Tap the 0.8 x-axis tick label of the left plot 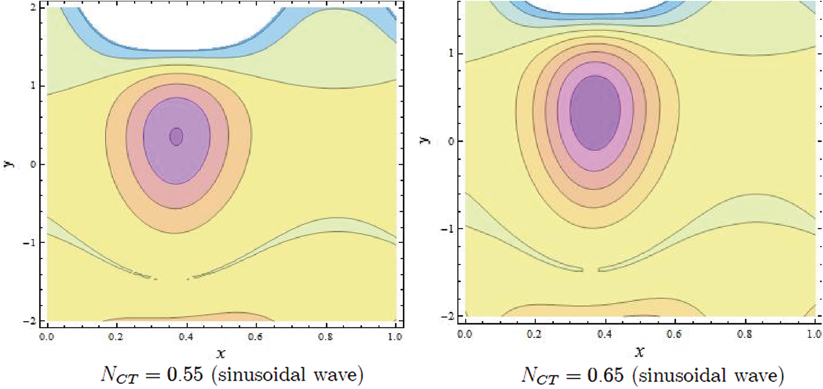click(x=326, y=337)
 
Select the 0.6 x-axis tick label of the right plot click(x=674, y=334)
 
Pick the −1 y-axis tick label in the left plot click(x=29, y=242)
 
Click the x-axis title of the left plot click(x=220, y=353)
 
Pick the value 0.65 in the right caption click(x=605, y=375)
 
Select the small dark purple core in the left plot click(x=176, y=136)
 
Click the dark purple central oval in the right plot click(x=595, y=113)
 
